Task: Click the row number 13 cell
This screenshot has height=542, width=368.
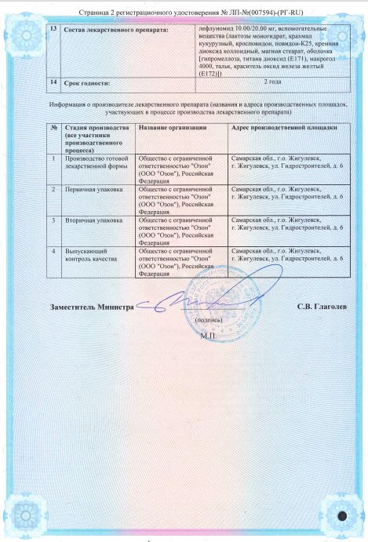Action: (53, 29)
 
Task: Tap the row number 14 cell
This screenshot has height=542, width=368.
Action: (53, 82)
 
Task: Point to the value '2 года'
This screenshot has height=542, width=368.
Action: (272, 82)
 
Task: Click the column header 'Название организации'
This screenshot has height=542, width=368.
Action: (172, 126)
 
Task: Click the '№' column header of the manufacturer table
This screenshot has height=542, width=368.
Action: (53, 126)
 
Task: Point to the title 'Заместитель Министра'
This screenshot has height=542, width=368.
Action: (91, 306)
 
